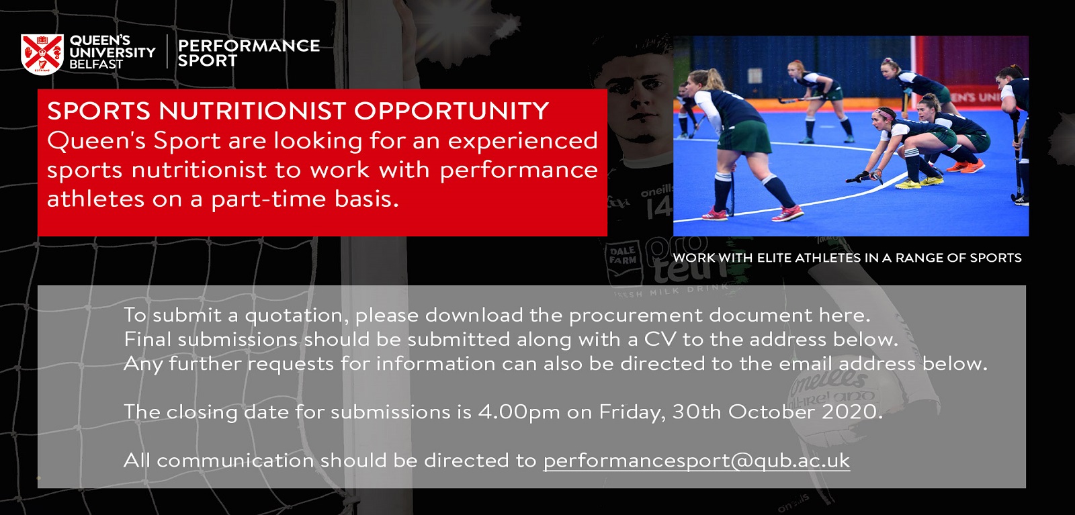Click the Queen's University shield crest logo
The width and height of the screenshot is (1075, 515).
point(42,54)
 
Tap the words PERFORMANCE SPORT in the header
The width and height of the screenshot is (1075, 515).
point(249,53)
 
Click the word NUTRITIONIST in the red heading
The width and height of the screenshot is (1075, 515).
point(251,111)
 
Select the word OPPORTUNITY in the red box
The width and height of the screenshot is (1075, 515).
point(451,111)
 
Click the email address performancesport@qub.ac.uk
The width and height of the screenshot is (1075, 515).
point(696,461)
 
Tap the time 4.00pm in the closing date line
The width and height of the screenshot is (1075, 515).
point(519,412)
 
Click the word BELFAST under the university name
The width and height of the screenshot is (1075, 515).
point(96,64)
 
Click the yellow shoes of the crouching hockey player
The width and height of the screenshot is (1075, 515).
point(919,182)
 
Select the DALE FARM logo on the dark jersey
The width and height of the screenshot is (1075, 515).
point(623,256)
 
